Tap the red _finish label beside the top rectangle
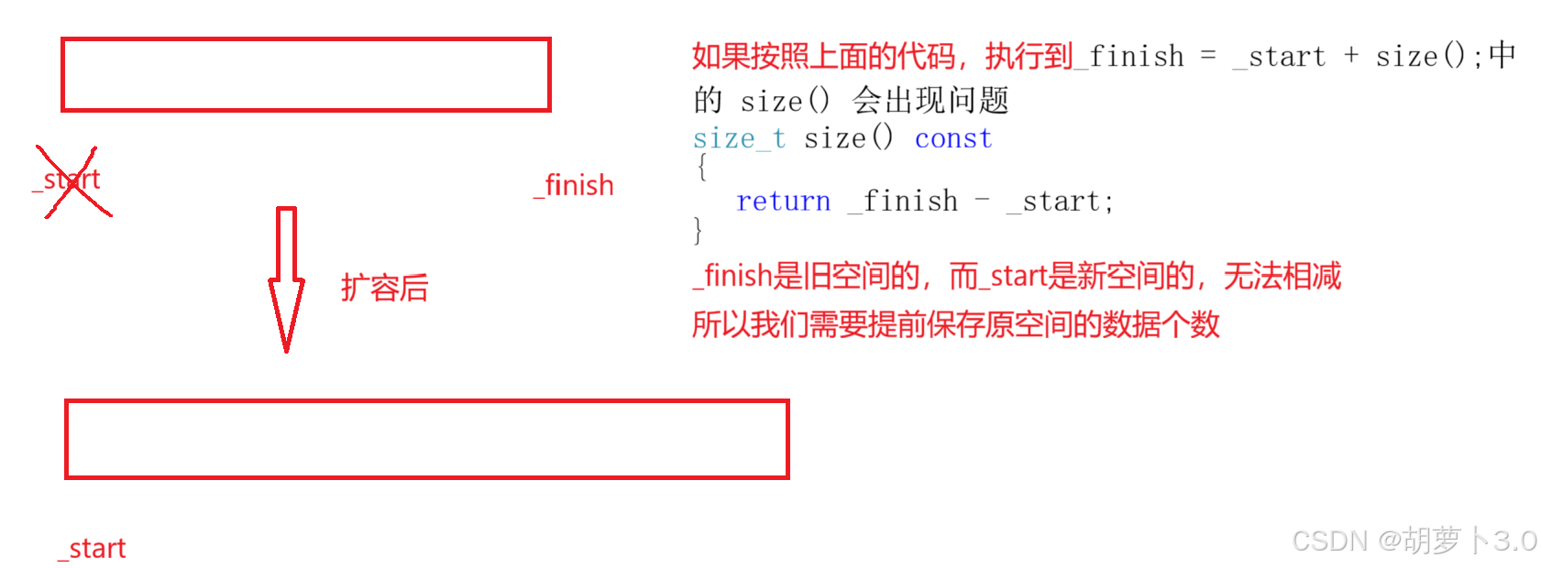point(575,186)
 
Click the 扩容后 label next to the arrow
point(385,289)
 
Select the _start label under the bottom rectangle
point(93,549)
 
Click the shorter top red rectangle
point(305,75)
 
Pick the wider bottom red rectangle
point(426,439)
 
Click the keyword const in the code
point(953,139)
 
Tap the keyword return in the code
point(783,202)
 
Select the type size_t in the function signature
point(739,139)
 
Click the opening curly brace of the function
point(702,168)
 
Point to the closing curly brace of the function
point(699,229)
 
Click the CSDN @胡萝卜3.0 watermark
point(1414,541)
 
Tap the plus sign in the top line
point(1351,56)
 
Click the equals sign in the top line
point(1208,56)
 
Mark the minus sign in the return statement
point(982,201)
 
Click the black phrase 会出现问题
point(930,100)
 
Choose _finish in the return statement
point(903,202)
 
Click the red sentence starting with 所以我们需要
point(955,324)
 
